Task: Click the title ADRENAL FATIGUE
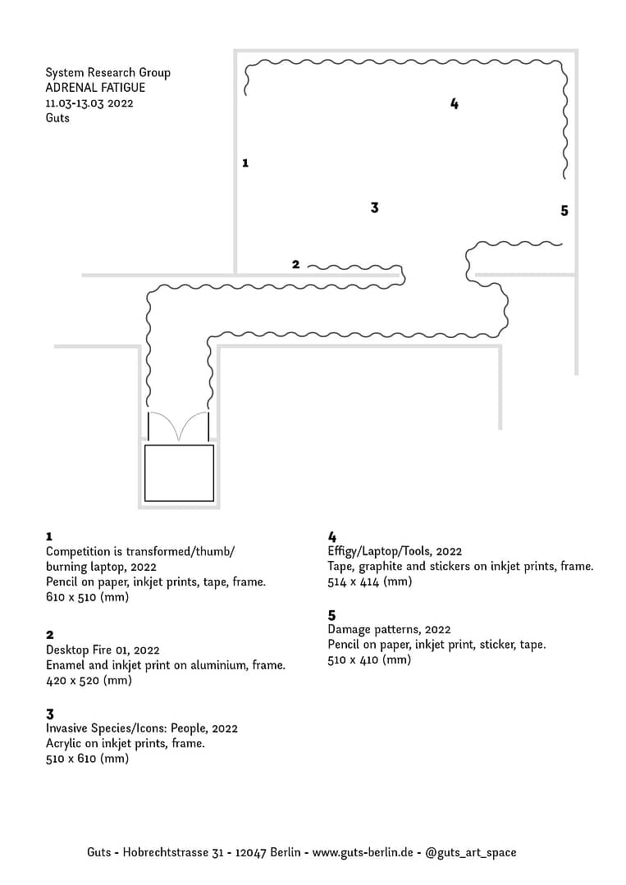click(95, 88)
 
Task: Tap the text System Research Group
click(107, 73)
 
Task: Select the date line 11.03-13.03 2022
click(89, 103)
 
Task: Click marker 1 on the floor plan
click(245, 163)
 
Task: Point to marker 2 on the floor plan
click(296, 264)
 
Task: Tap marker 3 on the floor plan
click(374, 208)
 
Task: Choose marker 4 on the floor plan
click(455, 103)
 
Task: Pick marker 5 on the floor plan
click(564, 211)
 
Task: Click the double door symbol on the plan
click(178, 427)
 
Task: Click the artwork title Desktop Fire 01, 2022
click(103, 650)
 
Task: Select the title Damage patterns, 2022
click(389, 629)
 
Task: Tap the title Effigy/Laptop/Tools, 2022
click(395, 551)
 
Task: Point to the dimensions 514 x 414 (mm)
click(370, 582)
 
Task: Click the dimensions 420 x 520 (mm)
click(89, 681)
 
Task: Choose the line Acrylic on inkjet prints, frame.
click(126, 743)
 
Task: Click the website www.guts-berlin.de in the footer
click(363, 852)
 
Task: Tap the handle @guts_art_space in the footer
click(471, 853)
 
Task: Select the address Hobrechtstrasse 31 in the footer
click(173, 852)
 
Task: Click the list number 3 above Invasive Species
click(50, 714)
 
